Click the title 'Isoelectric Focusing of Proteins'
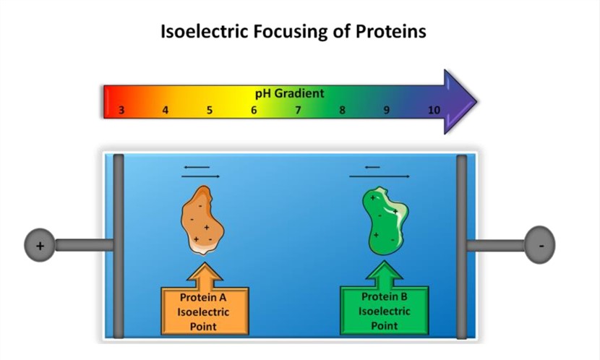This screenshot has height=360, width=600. (x=293, y=32)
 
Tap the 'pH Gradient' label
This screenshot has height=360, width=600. (x=289, y=93)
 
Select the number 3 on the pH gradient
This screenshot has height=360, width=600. (x=121, y=111)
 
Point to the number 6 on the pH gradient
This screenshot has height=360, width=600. (x=254, y=111)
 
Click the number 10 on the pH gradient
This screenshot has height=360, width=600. (x=433, y=111)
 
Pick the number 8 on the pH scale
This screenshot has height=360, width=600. (x=342, y=111)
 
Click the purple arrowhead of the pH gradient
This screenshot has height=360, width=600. (x=458, y=102)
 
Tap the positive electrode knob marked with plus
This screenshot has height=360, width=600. (x=40, y=245)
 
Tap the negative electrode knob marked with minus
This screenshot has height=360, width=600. (x=540, y=245)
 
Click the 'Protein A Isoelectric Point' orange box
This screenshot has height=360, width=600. (x=204, y=311)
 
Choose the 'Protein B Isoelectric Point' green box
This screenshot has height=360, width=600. (x=384, y=311)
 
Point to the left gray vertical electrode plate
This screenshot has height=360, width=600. (x=119, y=246)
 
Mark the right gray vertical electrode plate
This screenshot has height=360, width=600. (x=461, y=246)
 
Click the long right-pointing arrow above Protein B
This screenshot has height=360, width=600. (x=380, y=176)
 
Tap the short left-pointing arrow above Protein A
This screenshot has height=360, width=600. (x=197, y=167)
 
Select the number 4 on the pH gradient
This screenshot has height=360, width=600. (x=166, y=111)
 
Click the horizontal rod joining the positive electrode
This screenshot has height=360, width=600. (x=84, y=245)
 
